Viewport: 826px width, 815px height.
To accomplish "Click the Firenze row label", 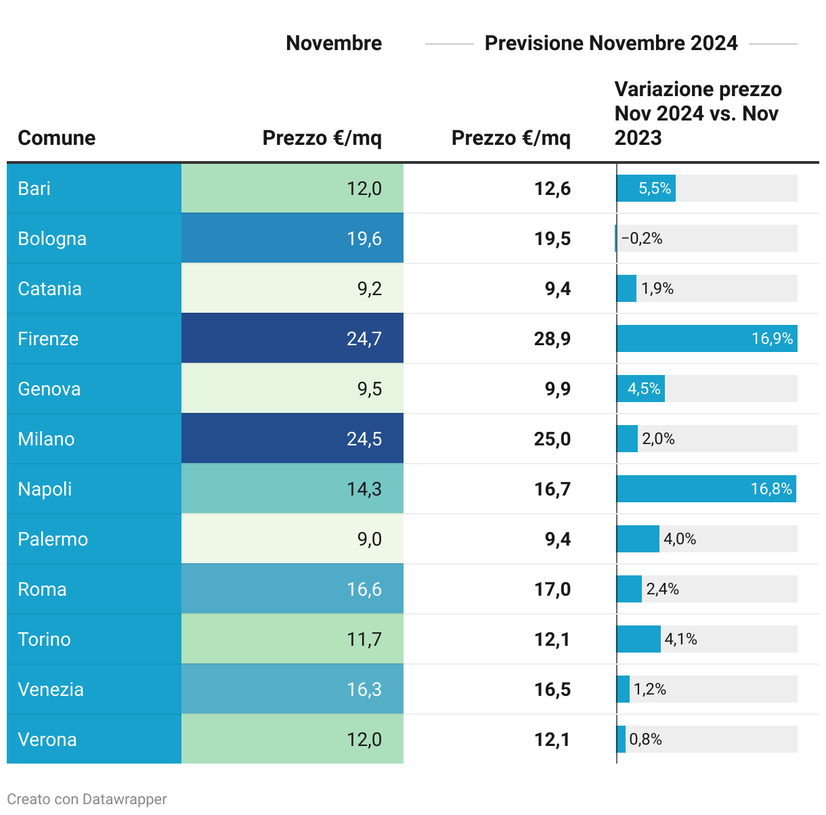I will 48,338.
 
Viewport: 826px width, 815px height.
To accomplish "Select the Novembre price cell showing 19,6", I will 364,238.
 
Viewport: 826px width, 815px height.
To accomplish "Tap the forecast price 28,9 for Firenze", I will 552,338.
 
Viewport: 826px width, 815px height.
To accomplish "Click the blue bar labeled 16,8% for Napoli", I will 705,489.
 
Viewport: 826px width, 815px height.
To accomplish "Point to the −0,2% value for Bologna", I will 642,238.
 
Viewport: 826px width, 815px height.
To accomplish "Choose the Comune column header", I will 56,137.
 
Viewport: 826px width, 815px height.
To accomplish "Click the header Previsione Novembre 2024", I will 611,43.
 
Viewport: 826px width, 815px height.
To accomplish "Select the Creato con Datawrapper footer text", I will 87,799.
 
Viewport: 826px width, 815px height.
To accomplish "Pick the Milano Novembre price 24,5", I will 364,439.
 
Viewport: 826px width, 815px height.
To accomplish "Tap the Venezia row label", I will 51,689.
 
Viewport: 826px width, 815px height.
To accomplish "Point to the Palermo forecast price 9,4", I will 557,539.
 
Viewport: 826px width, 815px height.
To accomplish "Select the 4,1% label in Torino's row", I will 680,639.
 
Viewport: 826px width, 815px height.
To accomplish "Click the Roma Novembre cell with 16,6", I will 364,589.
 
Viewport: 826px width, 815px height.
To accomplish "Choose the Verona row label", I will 47,739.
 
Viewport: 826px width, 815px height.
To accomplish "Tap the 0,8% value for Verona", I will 645,739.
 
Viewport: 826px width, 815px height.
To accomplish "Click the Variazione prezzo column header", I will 697,113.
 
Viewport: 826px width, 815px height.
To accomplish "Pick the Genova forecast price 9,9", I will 557,389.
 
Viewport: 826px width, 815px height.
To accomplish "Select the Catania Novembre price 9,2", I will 370,288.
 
